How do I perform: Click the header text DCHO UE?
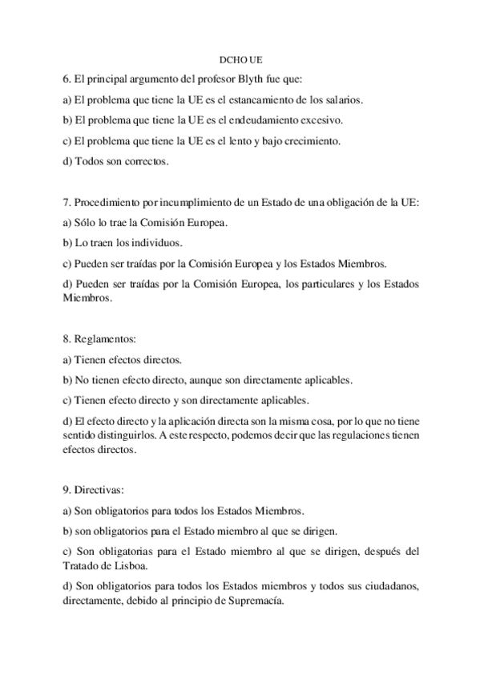[x=240, y=60]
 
